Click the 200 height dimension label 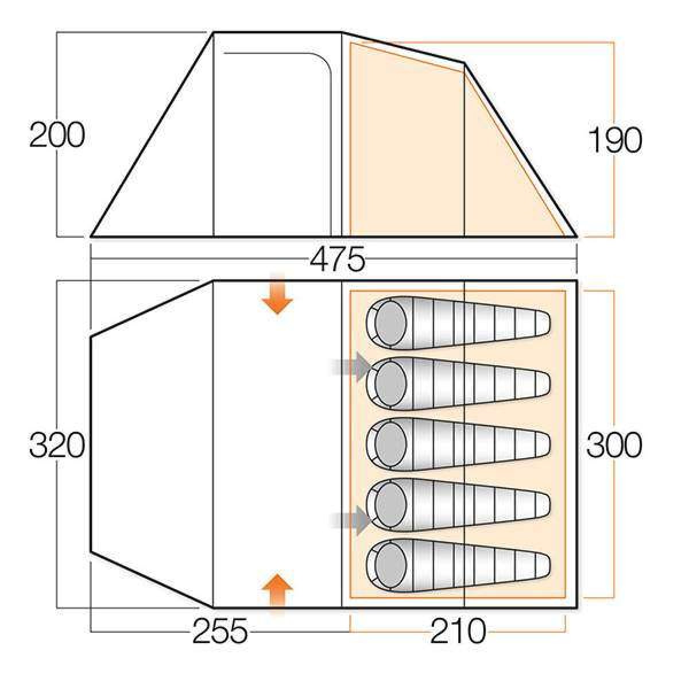pos(57,135)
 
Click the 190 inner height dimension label pos(615,141)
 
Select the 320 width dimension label pos(57,445)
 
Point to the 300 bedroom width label pos(614,445)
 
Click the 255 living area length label pos(220,630)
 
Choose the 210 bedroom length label pos(458,630)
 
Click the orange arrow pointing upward pos(277,594)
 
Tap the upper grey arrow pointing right pos(350,367)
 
